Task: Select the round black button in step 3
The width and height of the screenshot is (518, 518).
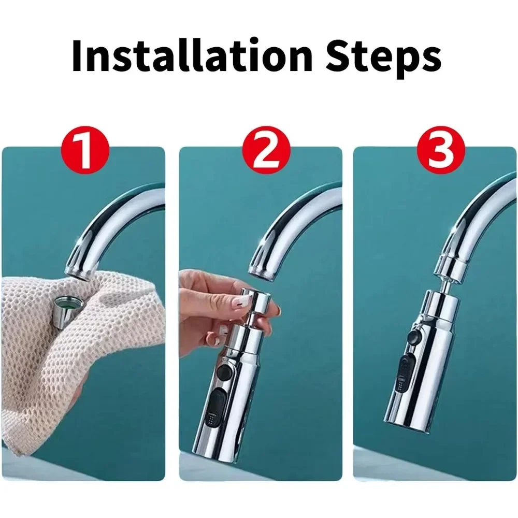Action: (413, 337)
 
